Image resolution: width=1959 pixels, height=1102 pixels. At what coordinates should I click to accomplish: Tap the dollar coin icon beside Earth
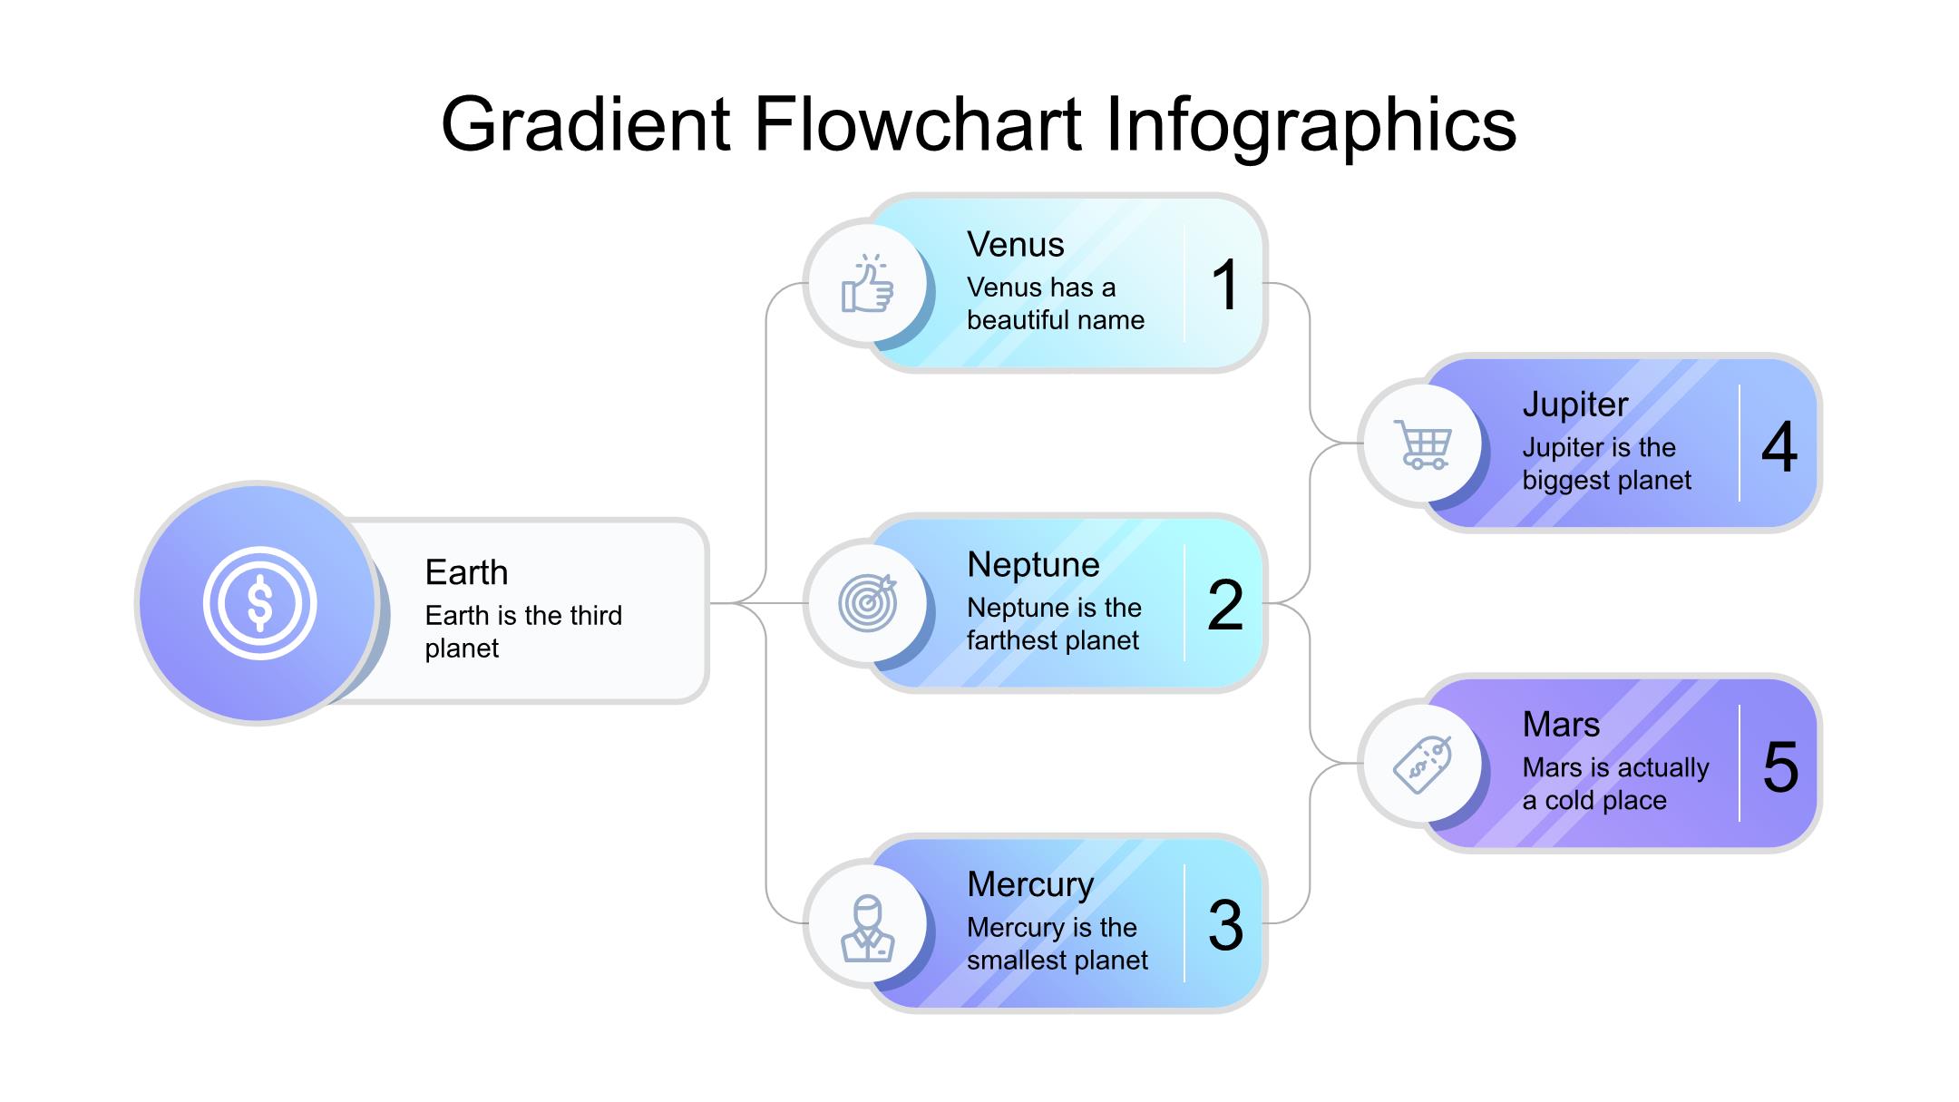(x=259, y=603)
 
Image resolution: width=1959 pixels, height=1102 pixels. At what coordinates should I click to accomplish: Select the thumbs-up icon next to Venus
(x=867, y=284)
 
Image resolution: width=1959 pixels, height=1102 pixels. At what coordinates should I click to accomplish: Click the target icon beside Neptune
(x=868, y=602)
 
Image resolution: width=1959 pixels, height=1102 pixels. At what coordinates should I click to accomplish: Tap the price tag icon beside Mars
(x=1422, y=765)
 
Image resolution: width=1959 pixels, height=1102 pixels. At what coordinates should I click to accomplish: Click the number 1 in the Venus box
(x=1225, y=285)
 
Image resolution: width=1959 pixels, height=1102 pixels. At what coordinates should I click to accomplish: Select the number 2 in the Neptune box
(x=1225, y=605)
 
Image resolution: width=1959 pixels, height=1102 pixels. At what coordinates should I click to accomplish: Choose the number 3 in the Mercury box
(x=1225, y=925)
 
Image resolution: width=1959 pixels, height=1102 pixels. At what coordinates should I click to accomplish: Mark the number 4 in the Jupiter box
(x=1779, y=446)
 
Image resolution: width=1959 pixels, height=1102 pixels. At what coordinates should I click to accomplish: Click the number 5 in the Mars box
(x=1780, y=766)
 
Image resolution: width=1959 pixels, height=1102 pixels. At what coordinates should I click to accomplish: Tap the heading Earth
(x=466, y=572)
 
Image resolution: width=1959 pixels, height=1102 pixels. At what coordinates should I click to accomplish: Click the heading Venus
(x=1015, y=244)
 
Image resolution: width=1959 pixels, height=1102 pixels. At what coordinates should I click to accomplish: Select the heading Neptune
(x=1033, y=564)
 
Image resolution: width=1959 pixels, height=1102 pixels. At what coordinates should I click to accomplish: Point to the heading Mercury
(x=1030, y=884)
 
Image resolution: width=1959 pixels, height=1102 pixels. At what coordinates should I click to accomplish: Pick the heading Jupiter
(x=1575, y=405)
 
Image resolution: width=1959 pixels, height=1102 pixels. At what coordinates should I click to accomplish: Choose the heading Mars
(x=1561, y=724)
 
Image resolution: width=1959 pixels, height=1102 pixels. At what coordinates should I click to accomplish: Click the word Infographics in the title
(x=1311, y=125)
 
